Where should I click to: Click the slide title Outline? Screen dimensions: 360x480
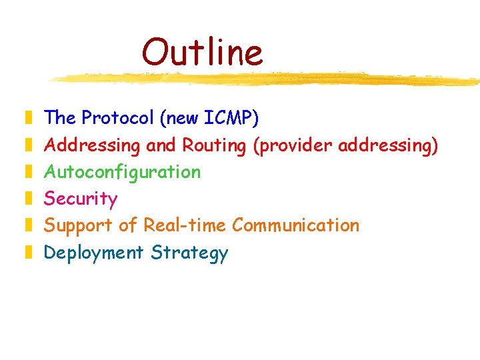[x=202, y=52]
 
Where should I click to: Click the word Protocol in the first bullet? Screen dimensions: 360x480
[x=117, y=118]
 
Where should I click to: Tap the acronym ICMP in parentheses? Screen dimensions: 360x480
[x=229, y=118]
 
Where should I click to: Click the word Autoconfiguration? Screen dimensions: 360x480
[x=122, y=172]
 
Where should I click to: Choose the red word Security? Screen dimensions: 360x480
[x=81, y=199]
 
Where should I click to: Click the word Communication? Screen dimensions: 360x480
[x=295, y=225]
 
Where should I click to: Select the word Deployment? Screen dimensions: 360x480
[x=93, y=253]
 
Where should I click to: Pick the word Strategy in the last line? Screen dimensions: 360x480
[x=189, y=253]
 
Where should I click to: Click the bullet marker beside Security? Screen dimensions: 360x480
[x=28, y=199]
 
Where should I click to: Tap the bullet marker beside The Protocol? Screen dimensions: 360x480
[x=28, y=119]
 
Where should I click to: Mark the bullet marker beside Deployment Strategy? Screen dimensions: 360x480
[x=28, y=253]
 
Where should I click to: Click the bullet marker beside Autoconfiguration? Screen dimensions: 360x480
[x=28, y=172]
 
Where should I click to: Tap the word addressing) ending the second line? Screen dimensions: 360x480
[x=388, y=145]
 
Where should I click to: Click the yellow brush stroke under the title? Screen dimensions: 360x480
[x=267, y=79]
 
